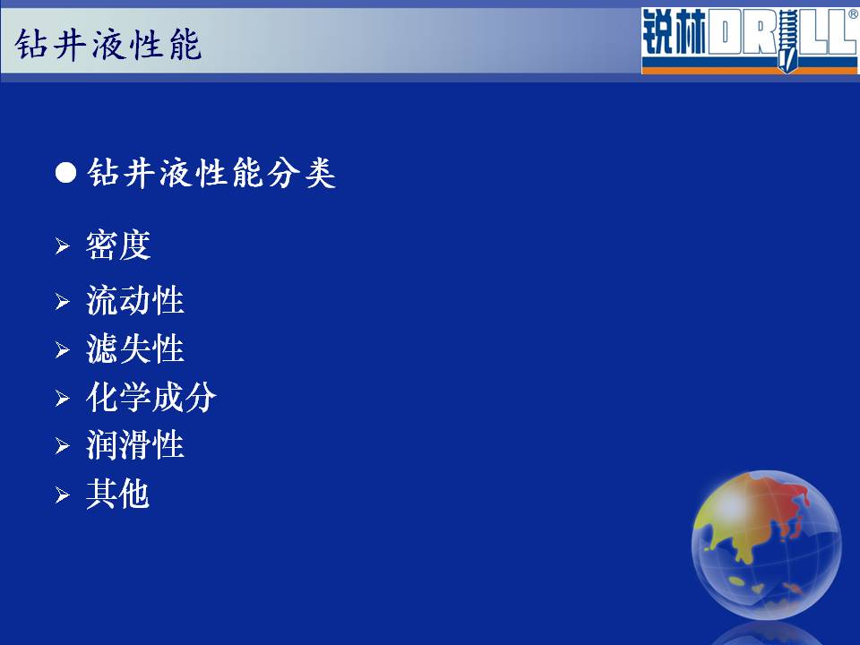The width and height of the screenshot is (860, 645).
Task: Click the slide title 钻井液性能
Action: (x=108, y=44)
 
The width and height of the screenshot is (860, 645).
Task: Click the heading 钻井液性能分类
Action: (x=211, y=173)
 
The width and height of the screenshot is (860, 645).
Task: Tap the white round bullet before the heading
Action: (x=65, y=173)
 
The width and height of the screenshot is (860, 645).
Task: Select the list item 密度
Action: (x=118, y=245)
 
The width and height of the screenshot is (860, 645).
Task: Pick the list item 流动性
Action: (x=135, y=300)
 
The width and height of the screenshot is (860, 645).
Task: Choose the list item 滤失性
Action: (x=135, y=348)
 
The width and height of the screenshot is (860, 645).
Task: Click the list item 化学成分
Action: (x=150, y=397)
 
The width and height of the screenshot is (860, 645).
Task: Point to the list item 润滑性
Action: (x=135, y=445)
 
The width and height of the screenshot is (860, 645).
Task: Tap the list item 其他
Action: (x=117, y=494)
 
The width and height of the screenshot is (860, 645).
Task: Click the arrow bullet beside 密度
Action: (x=62, y=246)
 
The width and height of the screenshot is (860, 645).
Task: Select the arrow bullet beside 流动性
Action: (x=62, y=301)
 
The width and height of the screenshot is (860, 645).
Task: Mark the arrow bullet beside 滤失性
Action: (x=62, y=349)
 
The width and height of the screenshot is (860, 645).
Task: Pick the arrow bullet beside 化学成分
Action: (x=62, y=398)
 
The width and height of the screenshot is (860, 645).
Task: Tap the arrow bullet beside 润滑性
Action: (x=62, y=446)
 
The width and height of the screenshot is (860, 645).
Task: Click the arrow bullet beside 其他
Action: (x=62, y=495)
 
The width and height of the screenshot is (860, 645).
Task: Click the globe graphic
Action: (x=766, y=545)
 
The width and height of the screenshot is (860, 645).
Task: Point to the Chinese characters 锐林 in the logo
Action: (x=674, y=32)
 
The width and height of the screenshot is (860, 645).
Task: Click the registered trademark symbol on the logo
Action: (x=854, y=14)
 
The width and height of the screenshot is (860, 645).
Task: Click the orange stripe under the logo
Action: (x=749, y=70)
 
